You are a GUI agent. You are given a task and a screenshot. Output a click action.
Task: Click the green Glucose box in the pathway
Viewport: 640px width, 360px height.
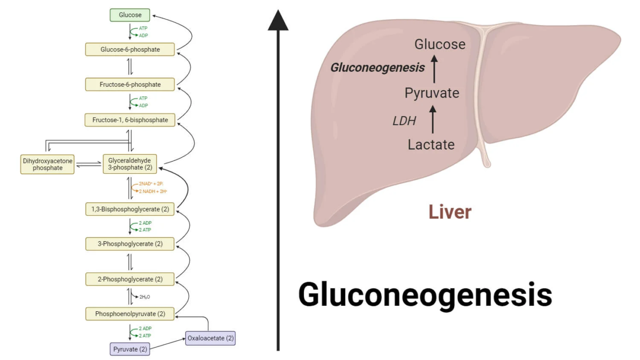[x=130, y=15]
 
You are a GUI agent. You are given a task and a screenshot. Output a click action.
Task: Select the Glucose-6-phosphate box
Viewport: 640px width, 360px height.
[x=130, y=49]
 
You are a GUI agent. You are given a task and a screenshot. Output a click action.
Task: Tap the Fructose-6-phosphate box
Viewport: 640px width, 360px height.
[x=130, y=84]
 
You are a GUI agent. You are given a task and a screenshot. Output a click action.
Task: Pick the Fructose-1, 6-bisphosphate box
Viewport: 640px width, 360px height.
[x=130, y=120]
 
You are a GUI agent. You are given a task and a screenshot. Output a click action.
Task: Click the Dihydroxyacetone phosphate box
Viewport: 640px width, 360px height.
[x=48, y=164]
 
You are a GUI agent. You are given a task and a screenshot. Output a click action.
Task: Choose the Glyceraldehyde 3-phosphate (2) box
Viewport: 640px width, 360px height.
[x=130, y=164]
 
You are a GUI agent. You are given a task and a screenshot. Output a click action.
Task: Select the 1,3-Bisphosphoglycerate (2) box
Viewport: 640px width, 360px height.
[x=130, y=209]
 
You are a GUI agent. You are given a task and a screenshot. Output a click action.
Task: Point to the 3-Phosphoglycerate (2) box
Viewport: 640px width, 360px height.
[x=130, y=244]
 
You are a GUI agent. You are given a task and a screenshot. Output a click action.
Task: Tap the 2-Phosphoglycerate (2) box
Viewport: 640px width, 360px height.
[x=130, y=279]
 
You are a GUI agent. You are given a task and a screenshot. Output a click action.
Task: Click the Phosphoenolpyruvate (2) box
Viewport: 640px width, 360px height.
[x=130, y=314]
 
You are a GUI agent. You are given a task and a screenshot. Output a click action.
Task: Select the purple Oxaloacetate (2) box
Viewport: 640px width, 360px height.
[x=210, y=338]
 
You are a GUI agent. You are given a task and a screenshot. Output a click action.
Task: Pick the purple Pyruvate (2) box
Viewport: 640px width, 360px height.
[x=130, y=349]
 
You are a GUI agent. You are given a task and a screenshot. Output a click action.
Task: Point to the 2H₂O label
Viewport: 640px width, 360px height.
[x=145, y=297]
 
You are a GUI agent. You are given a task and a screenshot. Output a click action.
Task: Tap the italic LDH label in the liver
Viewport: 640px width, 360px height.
[x=405, y=120]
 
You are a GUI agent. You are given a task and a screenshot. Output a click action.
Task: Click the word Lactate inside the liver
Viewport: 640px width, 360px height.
[x=431, y=144]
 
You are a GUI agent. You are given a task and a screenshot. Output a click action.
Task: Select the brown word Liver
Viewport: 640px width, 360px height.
[x=449, y=212]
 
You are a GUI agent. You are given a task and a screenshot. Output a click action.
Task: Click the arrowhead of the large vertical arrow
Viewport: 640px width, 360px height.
[x=278, y=21]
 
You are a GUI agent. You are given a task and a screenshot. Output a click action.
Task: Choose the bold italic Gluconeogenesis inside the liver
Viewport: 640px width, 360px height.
[x=377, y=67]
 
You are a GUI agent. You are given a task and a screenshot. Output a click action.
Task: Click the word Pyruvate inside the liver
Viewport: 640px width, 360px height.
[x=432, y=93]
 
